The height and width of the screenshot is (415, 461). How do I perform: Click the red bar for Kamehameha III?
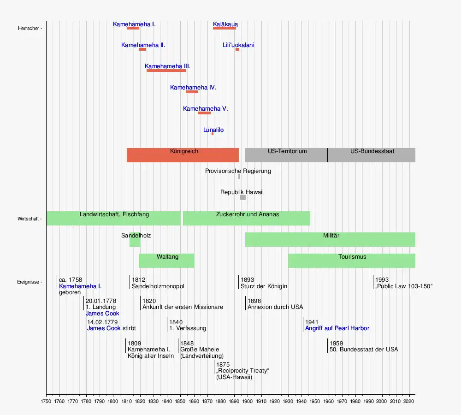click(166, 71)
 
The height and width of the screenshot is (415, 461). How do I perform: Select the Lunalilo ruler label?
click(213, 130)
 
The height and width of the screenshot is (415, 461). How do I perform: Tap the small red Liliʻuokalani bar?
click(237, 49)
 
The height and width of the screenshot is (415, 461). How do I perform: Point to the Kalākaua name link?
click(225, 24)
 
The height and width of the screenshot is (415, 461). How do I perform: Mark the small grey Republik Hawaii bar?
click(242, 197)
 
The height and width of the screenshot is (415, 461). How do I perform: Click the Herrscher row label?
click(29, 29)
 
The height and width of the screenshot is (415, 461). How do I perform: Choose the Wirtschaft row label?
click(29, 219)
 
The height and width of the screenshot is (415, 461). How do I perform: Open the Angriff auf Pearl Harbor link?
click(337, 328)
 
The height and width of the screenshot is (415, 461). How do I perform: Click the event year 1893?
click(247, 280)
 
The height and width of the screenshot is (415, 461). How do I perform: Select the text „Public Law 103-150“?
click(404, 286)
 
